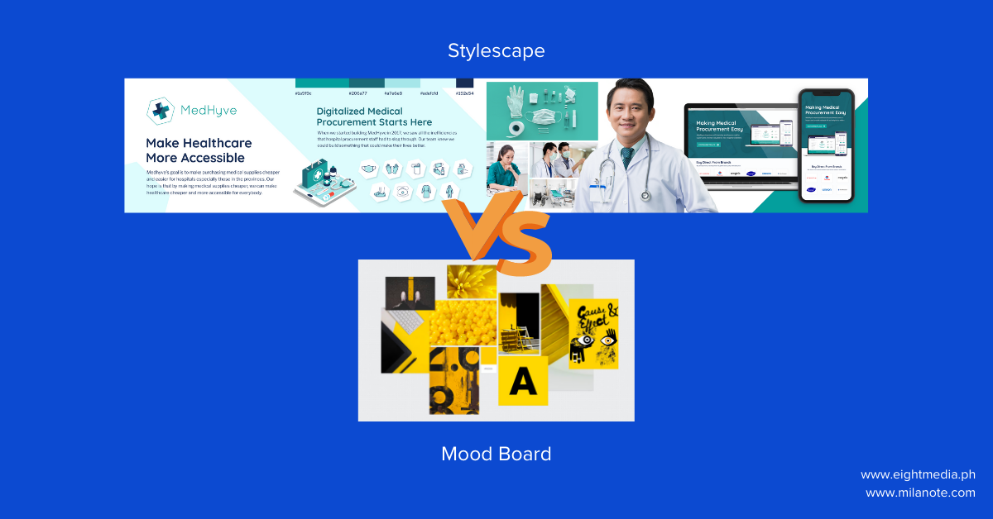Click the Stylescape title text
pyautogui.click(x=496, y=51)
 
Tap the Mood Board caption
pyautogui.click(x=496, y=454)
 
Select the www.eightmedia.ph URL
pyautogui.click(x=918, y=474)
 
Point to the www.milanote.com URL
pyautogui.click(x=920, y=493)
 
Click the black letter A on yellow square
pyautogui.click(x=522, y=381)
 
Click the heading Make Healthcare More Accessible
pyautogui.click(x=199, y=150)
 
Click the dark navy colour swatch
pyautogui.click(x=464, y=83)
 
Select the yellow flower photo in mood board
pyautogui.click(x=471, y=280)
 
